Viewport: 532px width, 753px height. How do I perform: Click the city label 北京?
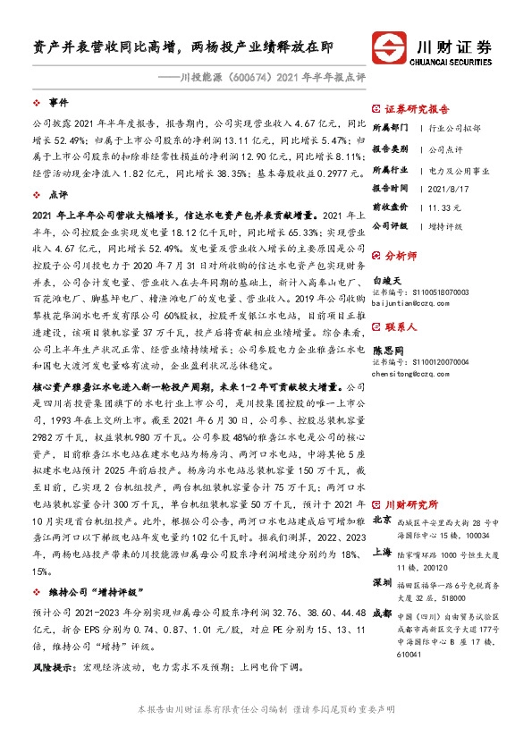(381, 520)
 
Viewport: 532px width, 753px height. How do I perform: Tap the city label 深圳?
(381, 584)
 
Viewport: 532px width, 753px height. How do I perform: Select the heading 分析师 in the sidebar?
(406, 256)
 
